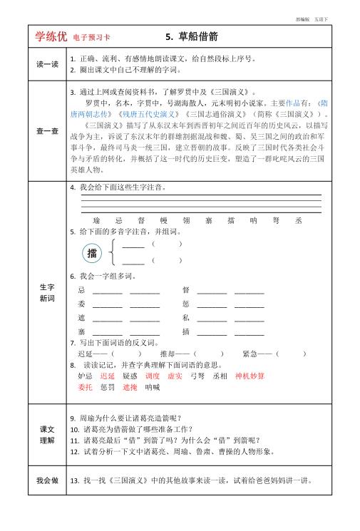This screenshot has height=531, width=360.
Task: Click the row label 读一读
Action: (x=47, y=64)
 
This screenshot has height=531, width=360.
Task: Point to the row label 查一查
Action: (x=47, y=131)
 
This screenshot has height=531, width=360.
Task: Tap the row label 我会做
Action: (x=47, y=480)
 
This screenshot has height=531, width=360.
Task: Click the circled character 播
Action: (x=91, y=253)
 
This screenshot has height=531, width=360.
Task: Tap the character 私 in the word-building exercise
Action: (x=185, y=317)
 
